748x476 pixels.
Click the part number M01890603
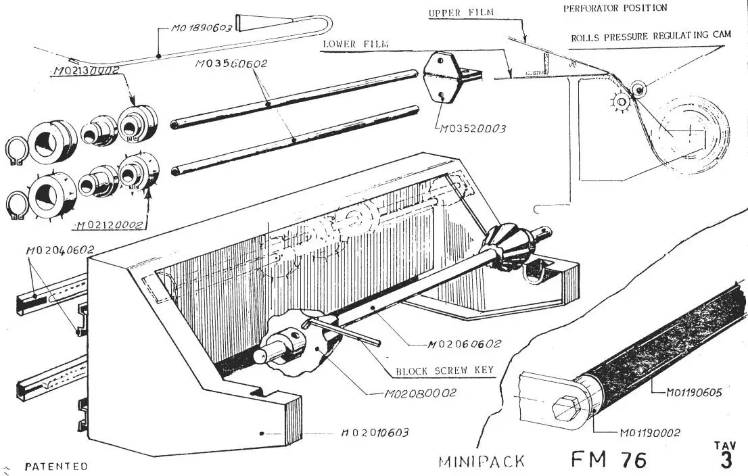click(202, 29)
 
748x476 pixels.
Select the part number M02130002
click(85, 70)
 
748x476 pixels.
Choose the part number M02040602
click(59, 251)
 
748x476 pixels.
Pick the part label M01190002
click(649, 433)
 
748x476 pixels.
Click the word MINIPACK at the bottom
click(482, 462)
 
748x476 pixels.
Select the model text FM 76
click(609, 460)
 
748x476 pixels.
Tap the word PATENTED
click(56, 467)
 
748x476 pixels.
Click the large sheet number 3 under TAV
click(726, 460)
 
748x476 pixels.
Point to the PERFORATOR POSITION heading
click(615, 8)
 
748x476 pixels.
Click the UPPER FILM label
click(461, 13)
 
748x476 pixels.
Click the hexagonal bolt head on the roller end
click(563, 410)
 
